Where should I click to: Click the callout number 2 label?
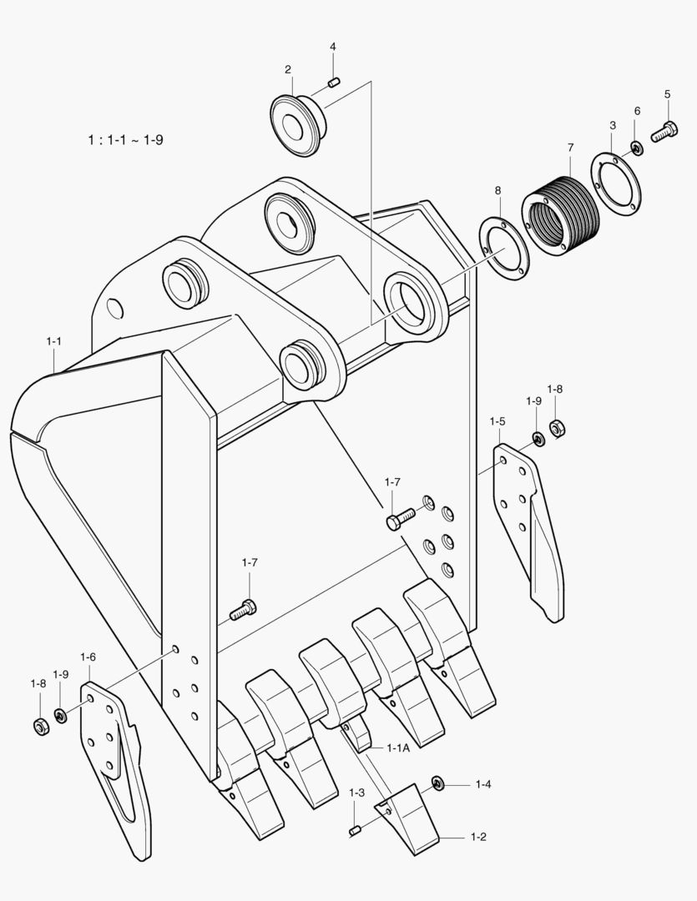288,69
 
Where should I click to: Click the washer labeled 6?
637,148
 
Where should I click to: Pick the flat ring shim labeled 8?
504,249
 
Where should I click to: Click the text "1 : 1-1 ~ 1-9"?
125,139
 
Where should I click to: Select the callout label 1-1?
54,341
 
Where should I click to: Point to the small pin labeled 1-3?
354,829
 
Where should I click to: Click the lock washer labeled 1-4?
437,782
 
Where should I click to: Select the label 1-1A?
398,748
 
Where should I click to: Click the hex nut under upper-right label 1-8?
558,429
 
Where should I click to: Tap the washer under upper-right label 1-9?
538,439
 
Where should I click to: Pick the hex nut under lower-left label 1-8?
40,726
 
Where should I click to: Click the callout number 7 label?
571,148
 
